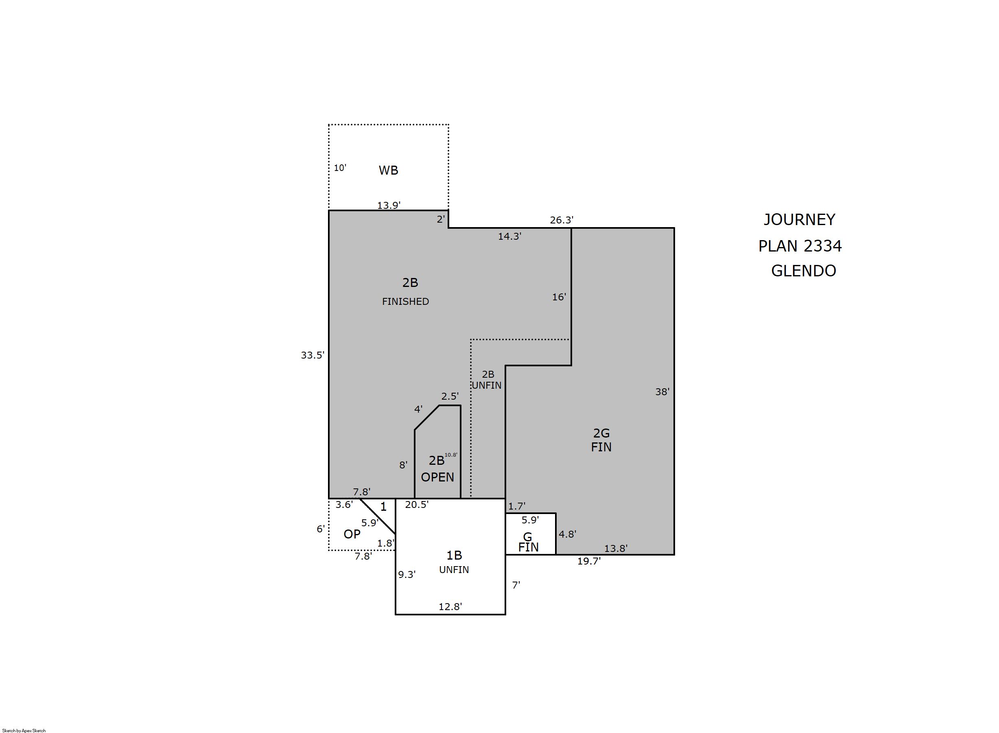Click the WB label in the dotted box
click(x=388, y=171)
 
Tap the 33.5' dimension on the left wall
click(x=313, y=355)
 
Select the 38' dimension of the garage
click(x=662, y=392)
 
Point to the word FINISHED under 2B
click(x=405, y=302)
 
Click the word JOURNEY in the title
click(x=799, y=220)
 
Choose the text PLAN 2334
click(x=800, y=246)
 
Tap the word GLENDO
click(x=803, y=271)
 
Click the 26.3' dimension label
click(x=562, y=220)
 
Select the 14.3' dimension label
click(x=509, y=236)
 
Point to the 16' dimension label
click(x=559, y=297)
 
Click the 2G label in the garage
click(x=601, y=433)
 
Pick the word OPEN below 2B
click(x=437, y=477)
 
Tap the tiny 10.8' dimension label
click(x=451, y=455)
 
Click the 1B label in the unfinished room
click(x=454, y=555)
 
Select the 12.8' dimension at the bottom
click(x=450, y=606)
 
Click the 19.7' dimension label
click(x=589, y=561)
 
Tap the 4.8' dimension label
click(x=567, y=534)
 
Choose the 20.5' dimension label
click(x=417, y=505)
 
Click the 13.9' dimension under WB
click(x=389, y=206)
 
